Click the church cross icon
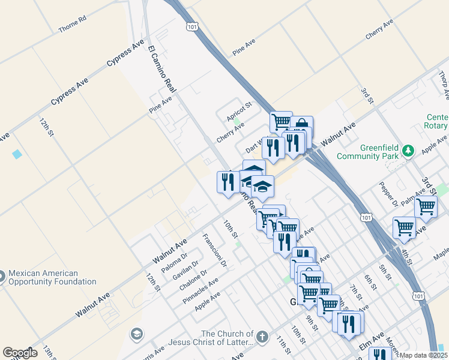262,338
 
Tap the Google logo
20,353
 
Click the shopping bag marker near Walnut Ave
302,125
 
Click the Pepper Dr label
389,191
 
